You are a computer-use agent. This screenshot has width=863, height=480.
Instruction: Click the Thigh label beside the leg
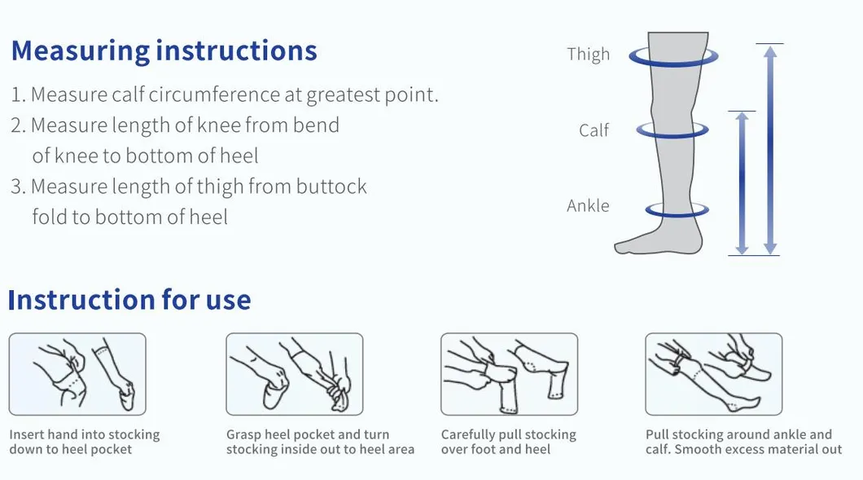588,55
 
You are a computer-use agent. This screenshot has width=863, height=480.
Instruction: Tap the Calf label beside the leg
594,130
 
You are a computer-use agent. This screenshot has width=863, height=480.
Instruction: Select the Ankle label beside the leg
588,206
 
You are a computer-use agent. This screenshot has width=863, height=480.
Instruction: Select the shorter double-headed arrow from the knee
741,183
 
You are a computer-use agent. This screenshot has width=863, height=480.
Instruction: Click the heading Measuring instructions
164,51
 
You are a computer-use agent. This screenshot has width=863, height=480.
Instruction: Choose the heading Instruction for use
129,300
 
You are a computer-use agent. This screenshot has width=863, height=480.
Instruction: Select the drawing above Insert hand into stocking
77,374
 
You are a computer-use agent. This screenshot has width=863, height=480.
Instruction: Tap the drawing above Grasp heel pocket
294,374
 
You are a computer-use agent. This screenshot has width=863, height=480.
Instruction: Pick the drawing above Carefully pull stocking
509,374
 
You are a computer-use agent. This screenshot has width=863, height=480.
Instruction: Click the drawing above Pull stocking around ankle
713,374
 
